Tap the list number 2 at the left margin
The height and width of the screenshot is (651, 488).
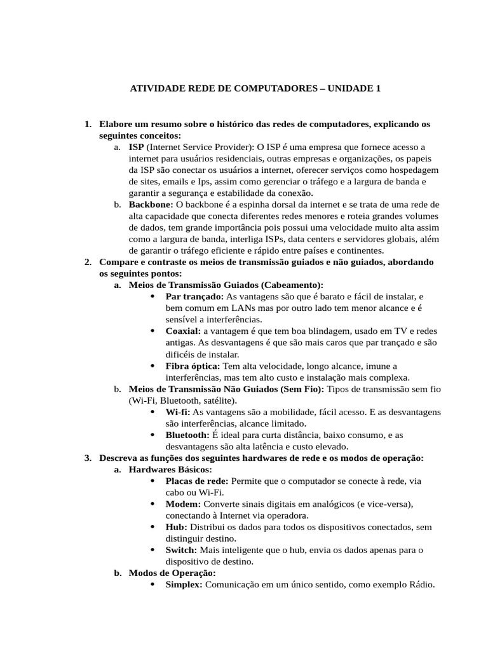pyautogui.click(x=88, y=262)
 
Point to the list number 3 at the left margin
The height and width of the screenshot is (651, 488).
pyautogui.click(x=88, y=458)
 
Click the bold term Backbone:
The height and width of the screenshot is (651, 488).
pyautogui.click(x=151, y=205)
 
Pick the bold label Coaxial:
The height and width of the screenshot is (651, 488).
pyautogui.click(x=183, y=331)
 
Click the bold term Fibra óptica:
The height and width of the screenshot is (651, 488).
pyautogui.click(x=193, y=366)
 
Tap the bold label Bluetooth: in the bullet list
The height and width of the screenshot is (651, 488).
pyautogui.click(x=187, y=435)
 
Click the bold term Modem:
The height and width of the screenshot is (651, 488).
pyautogui.click(x=183, y=504)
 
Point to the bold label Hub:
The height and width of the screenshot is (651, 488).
pyautogui.click(x=176, y=527)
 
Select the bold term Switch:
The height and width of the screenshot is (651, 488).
pyautogui.click(x=181, y=550)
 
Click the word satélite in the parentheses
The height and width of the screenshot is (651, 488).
pyautogui.click(x=215, y=401)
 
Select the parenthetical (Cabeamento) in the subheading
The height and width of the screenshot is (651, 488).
pyautogui.click(x=291, y=285)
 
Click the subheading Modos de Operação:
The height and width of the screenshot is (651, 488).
pyautogui.click(x=163, y=573)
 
